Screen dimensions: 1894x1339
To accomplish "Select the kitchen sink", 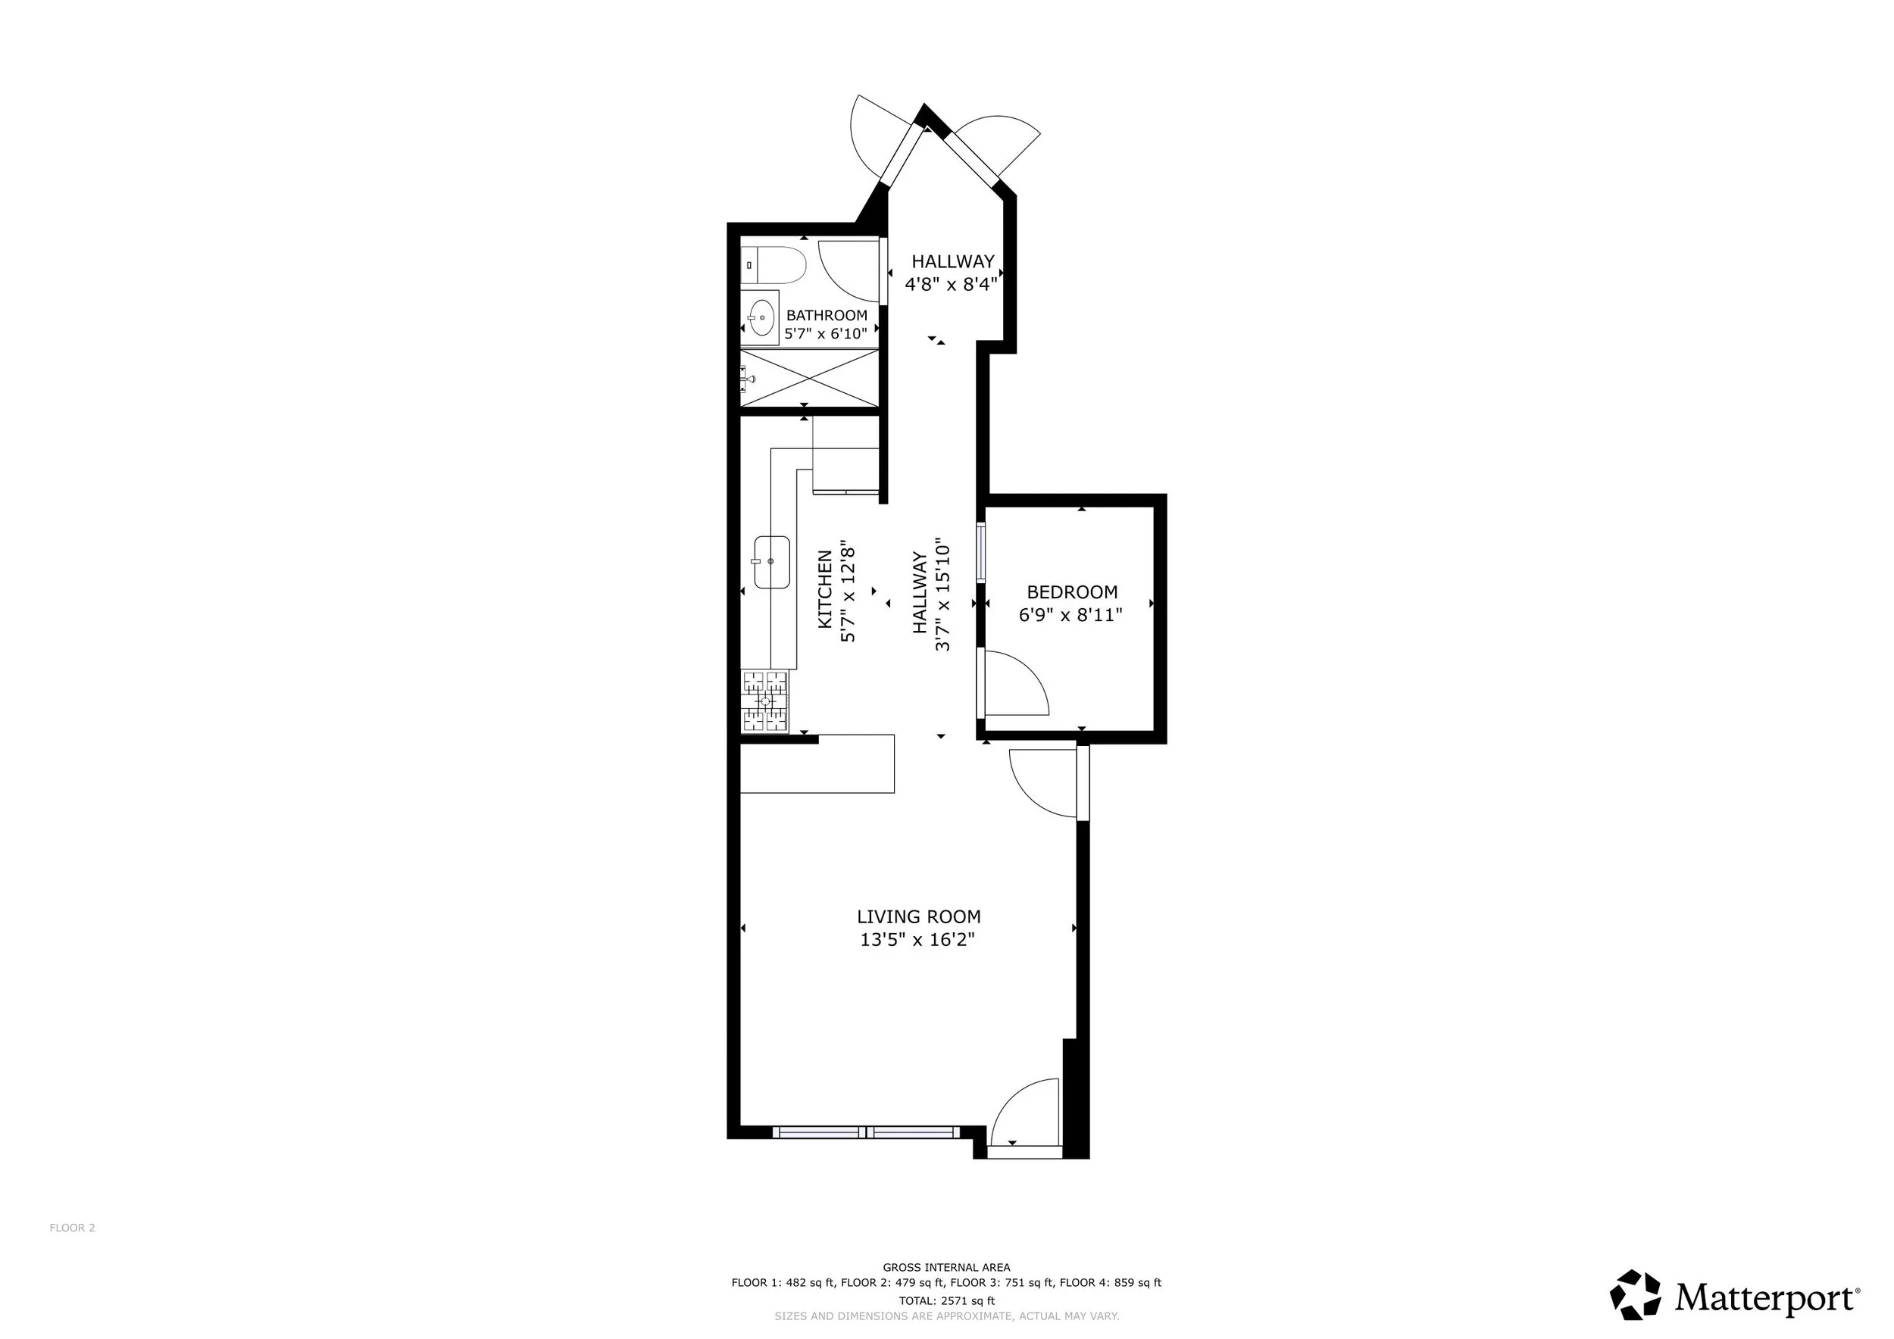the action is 771,561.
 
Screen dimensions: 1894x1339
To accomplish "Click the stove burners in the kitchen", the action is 764,701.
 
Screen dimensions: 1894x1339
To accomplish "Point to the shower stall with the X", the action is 808,378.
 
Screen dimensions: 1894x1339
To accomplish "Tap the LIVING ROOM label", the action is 918,916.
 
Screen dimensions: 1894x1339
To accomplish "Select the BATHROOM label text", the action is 827,315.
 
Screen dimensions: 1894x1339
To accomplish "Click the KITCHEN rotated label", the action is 824,589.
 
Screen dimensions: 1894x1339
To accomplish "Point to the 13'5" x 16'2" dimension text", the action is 917,939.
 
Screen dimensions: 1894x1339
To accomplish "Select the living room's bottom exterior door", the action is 1025,1110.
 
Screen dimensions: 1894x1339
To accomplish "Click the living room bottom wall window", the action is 866,1131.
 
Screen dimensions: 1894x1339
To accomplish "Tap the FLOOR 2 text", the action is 73,1228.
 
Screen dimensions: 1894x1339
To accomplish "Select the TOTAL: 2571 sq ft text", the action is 946,1301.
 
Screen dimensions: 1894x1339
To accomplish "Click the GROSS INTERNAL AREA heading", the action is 946,1267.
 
